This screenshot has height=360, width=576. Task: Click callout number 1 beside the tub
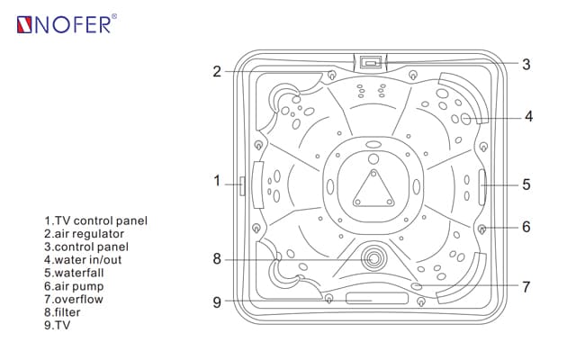click(x=217, y=181)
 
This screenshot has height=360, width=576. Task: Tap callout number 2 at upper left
click(x=217, y=71)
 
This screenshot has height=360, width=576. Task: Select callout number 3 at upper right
click(x=526, y=65)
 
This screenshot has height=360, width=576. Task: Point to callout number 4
click(x=528, y=116)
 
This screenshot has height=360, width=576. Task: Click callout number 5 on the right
click(x=526, y=184)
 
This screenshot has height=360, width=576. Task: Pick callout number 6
click(x=526, y=227)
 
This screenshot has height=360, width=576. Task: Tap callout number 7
click(x=526, y=287)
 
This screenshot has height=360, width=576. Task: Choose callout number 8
click(x=217, y=259)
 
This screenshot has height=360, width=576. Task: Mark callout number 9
click(x=217, y=302)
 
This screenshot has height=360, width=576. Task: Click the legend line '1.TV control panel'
click(x=95, y=220)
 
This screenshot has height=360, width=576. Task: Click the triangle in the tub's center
click(x=373, y=189)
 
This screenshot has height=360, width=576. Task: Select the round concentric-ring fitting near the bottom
click(x=373, y=258)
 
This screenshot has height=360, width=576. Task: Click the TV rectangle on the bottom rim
click(x=373, y=297)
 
